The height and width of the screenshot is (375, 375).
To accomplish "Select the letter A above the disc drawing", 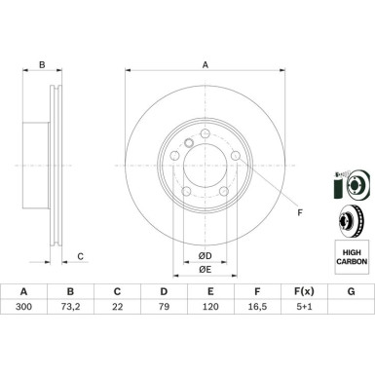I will [x=205, y=65].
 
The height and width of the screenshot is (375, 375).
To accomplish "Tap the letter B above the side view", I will [x=41, y=65].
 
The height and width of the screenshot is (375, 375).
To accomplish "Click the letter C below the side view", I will [x=80, y=256].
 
